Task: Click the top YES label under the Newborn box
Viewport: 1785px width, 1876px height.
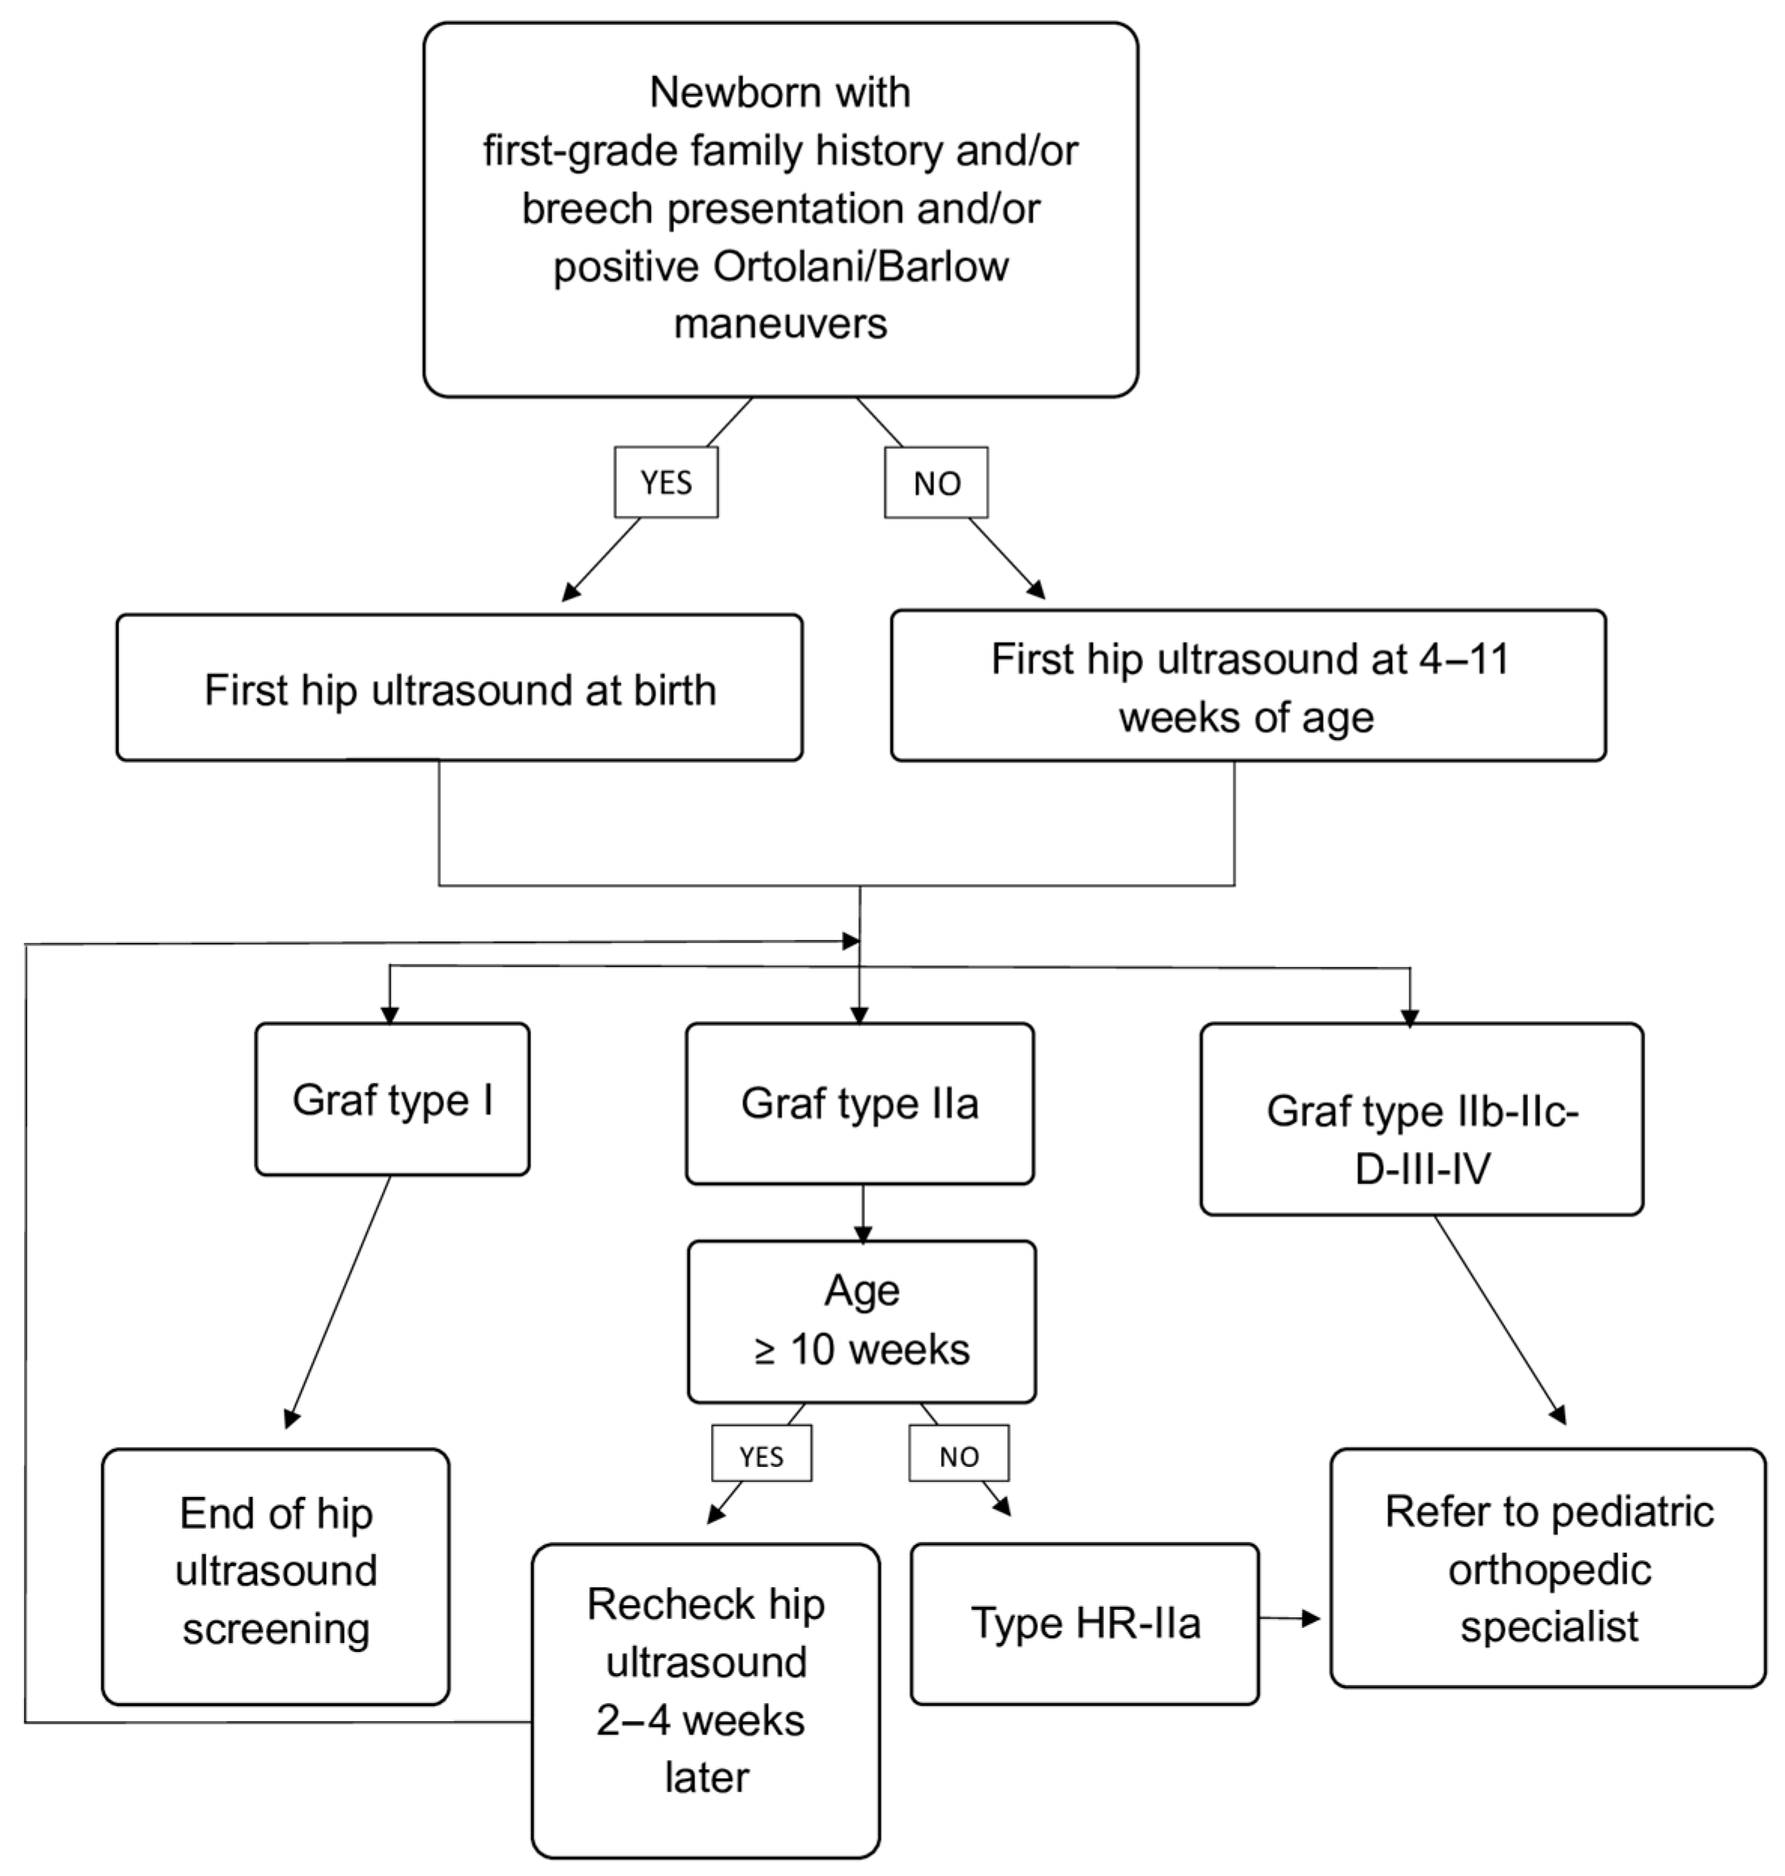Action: tap(665, 483)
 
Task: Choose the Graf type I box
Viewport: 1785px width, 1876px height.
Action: tap(392, 1100)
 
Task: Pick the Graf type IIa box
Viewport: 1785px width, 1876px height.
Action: tap(859, 1104)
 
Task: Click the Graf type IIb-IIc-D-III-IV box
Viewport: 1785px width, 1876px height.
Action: tap(1420, 1120)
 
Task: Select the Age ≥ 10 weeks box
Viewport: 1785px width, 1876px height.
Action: tap(861, 1322)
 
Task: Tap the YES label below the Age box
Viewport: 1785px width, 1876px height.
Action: tap(761, 1456)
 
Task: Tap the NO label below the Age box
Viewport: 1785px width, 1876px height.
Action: tap(958, 1456)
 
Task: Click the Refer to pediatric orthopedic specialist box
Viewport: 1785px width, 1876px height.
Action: tap(1548, 1568)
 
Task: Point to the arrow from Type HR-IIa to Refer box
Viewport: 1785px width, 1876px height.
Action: tap(1289, 1618)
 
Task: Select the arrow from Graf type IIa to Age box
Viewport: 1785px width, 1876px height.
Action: tap(862, 1214)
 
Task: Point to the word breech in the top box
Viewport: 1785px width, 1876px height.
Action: tap(587, 208)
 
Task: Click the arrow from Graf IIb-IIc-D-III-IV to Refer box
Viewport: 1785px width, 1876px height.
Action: tap(1499, 1320)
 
